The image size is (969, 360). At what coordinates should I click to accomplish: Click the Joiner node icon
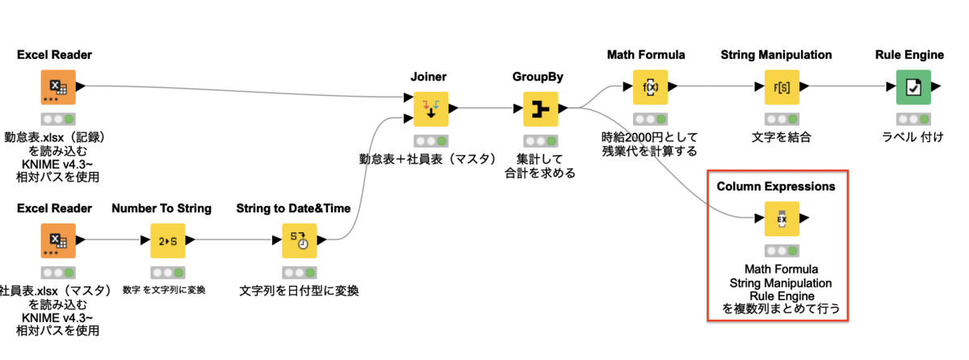click(x=430, y=109)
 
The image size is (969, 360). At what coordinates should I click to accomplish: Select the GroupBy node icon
click(x=540, y=109)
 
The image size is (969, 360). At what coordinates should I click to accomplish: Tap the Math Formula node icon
click(x=650, y=87)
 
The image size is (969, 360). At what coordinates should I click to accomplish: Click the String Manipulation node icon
click(x=781, y=87)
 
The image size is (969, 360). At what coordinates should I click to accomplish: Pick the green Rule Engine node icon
click(x=912, y=87)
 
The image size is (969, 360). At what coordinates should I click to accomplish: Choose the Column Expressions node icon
click(x=782, y=219)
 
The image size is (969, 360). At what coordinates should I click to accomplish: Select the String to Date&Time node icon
click(x=299, y=241)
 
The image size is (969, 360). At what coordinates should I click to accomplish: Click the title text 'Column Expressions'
click(x=776, y=186)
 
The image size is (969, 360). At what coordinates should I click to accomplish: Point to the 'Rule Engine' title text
click(x=909, y=55)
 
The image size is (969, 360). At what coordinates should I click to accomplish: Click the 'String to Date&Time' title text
click(x=294, y=208)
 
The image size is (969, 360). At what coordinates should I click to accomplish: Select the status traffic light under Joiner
click(x=430, y=140)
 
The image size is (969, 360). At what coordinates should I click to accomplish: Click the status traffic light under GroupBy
click(x=540, y=140)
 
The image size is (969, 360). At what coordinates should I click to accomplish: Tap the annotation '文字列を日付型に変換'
click(x=299, y=291)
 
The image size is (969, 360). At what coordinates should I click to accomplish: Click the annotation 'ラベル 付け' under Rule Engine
click(x=909, y=136)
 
